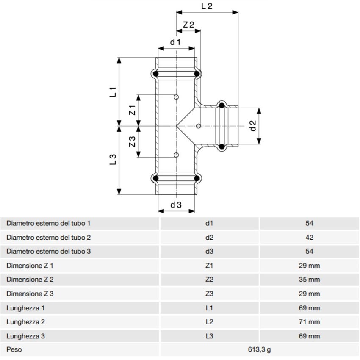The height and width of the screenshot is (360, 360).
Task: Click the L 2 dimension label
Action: [x=207, y=6]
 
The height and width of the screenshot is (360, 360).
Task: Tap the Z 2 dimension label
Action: [x=188, y=25]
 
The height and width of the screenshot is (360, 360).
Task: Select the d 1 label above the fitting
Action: [x=176, y=42]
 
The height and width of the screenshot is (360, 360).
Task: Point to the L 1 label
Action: [x=113, y=92]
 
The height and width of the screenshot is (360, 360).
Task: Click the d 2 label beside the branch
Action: [x=253, y=126]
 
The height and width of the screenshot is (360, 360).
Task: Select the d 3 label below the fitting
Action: [x=176, y=205]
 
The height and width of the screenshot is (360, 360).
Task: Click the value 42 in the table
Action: [x=309, y=237]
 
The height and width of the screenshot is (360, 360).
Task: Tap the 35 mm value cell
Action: [x=309, y=280]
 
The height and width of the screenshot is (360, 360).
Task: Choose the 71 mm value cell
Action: [x=309, y=322]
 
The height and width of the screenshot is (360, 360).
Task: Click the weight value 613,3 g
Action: [x=260, y=350]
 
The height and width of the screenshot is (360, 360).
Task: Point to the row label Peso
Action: [x=14, y=350]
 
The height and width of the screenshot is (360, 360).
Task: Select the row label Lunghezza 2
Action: [x=26, y=322]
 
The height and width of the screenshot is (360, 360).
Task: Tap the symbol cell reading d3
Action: [x=209, y=251]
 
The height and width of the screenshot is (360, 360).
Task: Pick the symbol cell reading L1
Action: [x=209, y=308]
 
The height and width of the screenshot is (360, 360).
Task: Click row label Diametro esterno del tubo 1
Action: [x=49, y=223]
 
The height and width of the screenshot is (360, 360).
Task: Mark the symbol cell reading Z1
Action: [x=209, y=266]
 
